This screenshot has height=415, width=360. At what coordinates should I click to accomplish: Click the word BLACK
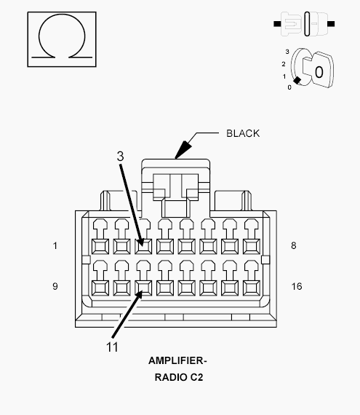click(x=243, y=133)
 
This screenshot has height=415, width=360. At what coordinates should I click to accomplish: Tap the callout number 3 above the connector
click(x=120, y=156)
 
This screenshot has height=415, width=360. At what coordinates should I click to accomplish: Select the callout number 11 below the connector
click(x=112, y=347)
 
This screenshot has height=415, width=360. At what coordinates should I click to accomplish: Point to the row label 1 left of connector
click(x=55, y=246)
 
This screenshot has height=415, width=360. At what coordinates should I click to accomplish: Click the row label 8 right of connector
click(x=293, y=245)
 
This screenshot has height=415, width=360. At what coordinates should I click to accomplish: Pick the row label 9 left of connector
click(x=55, y=286)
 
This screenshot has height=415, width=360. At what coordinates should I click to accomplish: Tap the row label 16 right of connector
click(x=297, y=286)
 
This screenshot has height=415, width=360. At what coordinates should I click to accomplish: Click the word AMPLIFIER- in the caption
click(x=177, y=360)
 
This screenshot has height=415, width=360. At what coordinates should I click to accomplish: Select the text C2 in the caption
click(x=196, y=377)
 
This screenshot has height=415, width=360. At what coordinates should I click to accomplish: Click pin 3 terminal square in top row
click(x=143, y=246)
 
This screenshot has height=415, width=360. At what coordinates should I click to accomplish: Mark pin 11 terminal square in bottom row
click(x=143, y=288)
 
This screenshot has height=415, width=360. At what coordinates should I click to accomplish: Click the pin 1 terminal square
click(x=100, y=246)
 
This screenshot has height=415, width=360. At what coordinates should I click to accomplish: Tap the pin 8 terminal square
click(x=252, y=246)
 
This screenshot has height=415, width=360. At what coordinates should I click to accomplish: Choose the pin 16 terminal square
click(x=252, y=288)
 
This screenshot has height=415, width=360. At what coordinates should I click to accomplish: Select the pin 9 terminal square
click(x=100, y=288)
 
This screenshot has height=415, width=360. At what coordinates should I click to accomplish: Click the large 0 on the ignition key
click(x=319, y=72)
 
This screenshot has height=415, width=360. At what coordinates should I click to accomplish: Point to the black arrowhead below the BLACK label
click(x=183, y=150)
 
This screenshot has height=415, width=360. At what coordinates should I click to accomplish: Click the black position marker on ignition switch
click(x=297, y=80)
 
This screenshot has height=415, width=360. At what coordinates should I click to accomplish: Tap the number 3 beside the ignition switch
click(x=287, y=52)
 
